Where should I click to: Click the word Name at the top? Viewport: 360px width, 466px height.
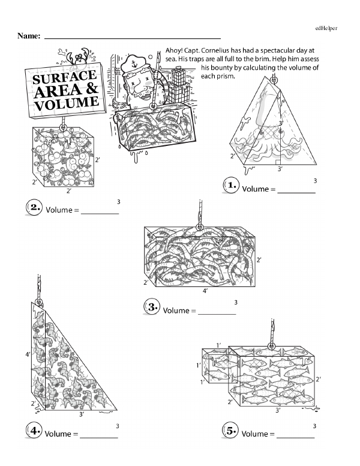29,36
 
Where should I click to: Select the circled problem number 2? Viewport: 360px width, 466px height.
35,207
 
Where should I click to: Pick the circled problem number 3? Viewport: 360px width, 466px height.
152,307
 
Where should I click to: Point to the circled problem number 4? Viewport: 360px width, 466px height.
35,431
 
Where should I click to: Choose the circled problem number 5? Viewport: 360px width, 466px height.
230,431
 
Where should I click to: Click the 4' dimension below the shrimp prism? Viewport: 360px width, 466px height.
205,291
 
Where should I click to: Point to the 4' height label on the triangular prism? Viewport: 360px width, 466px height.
28,355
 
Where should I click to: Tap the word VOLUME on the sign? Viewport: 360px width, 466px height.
66,104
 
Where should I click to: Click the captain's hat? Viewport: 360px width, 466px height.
130,62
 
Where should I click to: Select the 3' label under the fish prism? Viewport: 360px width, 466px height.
277,411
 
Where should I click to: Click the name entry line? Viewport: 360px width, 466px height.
132,38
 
